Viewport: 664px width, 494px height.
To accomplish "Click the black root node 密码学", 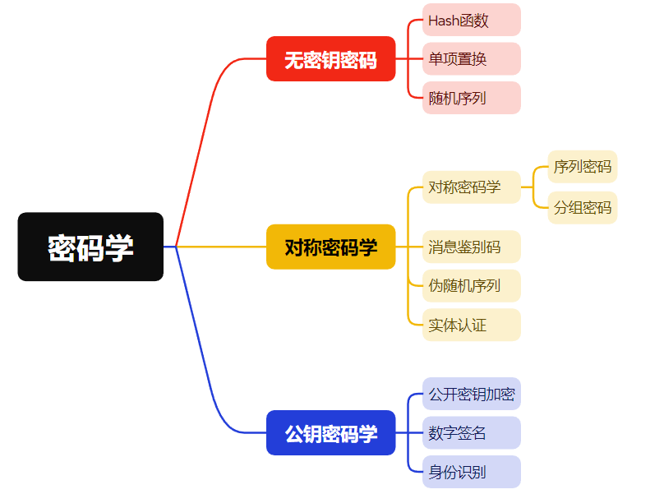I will pyautogui.click(x=90, y=247).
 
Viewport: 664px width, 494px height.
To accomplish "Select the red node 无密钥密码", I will pyautogui.click(x=330, y=59).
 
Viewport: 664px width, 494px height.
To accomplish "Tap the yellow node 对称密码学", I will pyautogui.click(x=330, y=247).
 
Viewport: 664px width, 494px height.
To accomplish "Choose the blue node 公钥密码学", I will pyautogui.click(x=330, y=432).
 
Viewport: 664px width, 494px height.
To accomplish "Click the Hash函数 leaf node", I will pyautogui.click(x=472, y=20).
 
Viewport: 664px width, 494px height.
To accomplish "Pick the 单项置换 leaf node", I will pyautogui.click(x=472, y=58).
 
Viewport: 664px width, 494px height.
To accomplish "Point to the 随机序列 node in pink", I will pyautogui.click(x=472, y=98).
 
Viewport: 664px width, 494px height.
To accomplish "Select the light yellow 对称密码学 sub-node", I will pyautogui.click(x=472, y=187).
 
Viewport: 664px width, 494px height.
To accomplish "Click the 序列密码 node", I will pyautogui.click(x=582, y=167).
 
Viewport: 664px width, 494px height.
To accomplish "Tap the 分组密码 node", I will pyautogui.click(x=582, y=207).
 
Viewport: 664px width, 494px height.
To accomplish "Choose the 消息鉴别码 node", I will pyautogui.click(x=472, y=247).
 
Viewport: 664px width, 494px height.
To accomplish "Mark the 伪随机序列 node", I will pyautogui.click(x=472, y=286).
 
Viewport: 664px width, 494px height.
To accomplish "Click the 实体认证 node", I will pyautogui.click(x=472, y=325).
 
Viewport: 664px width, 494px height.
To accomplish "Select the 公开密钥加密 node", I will pyautogui.click(x=472, y=394).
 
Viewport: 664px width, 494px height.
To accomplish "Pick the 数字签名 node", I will pyautogui.click(x=472, y=432).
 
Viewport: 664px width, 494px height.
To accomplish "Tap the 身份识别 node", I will pyautogui.click(x=472, y=472).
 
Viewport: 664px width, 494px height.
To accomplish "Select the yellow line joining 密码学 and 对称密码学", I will pyautogui.click(x=222, y=247).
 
